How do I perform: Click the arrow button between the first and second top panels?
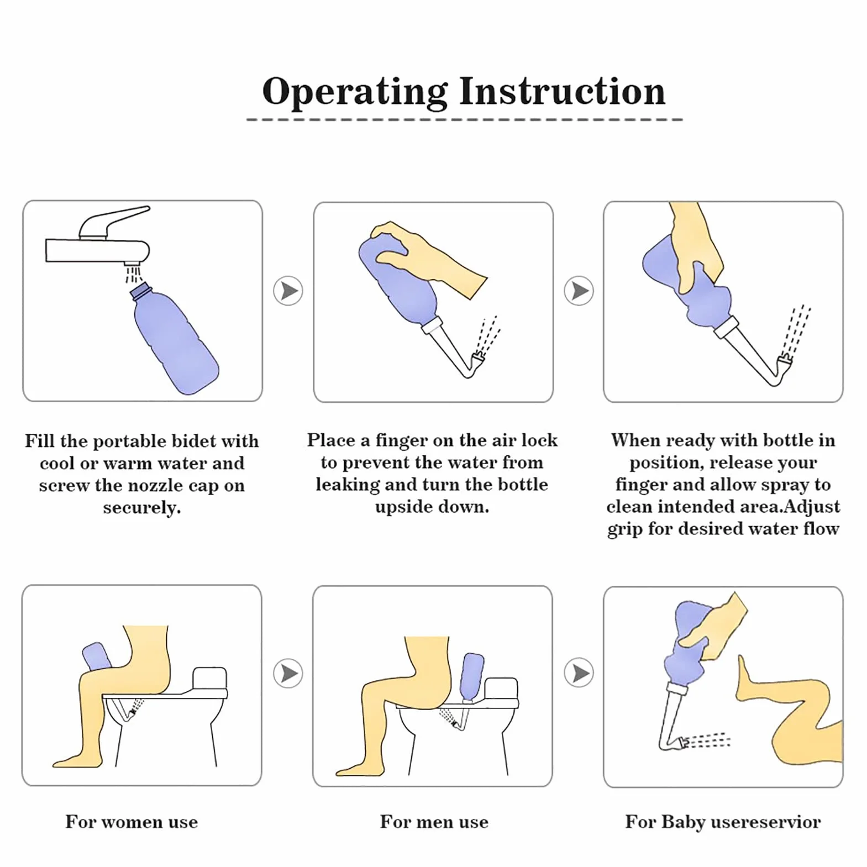pos(288,291)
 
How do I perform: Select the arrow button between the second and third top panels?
pos(579,291)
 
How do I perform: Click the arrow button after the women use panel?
pos(288,673)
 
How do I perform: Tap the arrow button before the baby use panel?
pos(579,673)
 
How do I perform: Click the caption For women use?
pos(132,822)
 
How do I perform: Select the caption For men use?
pos(434,822)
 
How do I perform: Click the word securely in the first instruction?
pos(142,508)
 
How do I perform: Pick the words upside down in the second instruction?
pos(432,507)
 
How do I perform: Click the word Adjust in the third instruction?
pos(812,507)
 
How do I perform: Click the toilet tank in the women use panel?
pos(210,679)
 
